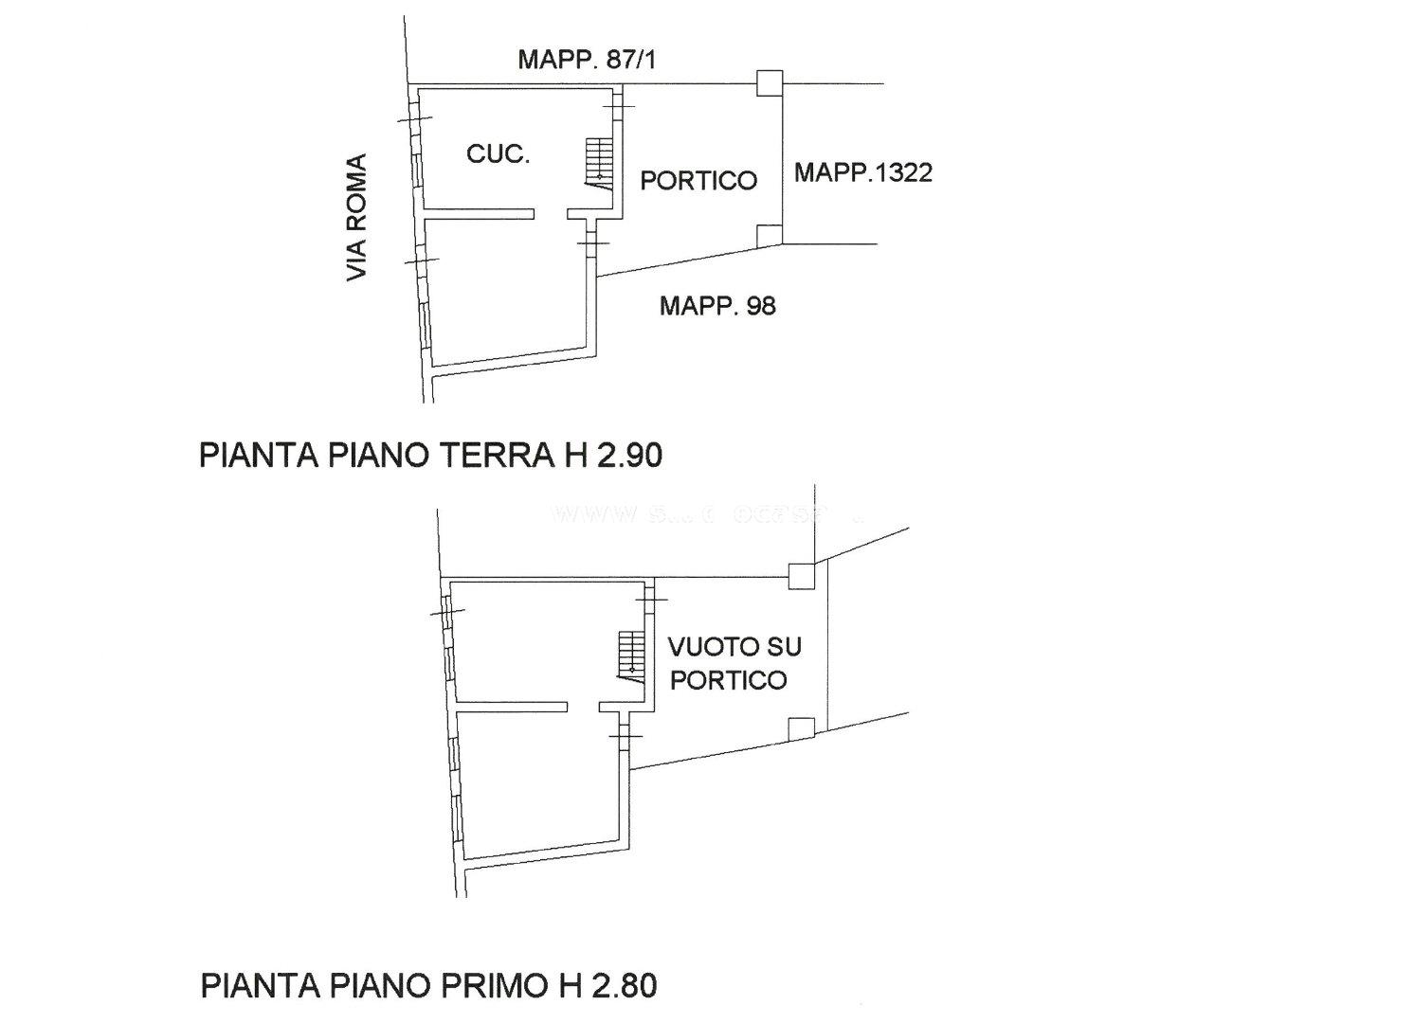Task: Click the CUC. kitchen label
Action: [498, 153]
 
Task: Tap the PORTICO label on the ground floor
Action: [698, 180]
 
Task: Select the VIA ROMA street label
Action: [356, 218]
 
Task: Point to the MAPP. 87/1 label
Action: [587, 61]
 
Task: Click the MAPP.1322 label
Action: [862, 172]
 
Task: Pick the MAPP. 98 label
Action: [717, 305]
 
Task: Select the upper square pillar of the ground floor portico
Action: [770, 83]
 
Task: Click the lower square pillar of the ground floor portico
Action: [770, 236]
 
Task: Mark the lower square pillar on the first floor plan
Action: [802, 728]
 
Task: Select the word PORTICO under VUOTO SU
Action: [728, 680]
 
